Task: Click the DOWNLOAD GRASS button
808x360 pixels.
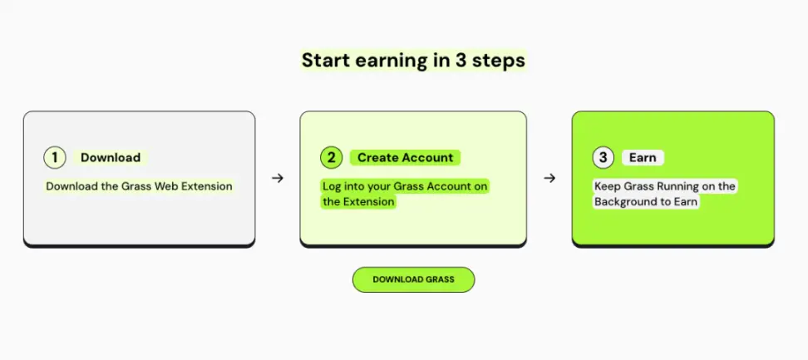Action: pos(413,279)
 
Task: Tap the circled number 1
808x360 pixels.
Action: pos(55,158)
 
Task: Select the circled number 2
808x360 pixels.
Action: pos(331,158)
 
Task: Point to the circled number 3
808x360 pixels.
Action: pos(603,158)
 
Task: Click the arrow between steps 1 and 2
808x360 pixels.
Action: pos(278,178)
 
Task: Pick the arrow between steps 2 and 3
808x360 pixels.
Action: pos(549,178)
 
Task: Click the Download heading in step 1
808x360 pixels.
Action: pos(111,158)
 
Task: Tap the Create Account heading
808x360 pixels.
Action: pos(406,158)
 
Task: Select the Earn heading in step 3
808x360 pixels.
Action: pos(643,158)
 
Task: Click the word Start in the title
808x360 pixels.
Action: pos(325,60)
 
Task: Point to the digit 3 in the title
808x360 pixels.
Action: pos(461,60)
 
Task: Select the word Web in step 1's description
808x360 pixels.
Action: pos(167,186)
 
